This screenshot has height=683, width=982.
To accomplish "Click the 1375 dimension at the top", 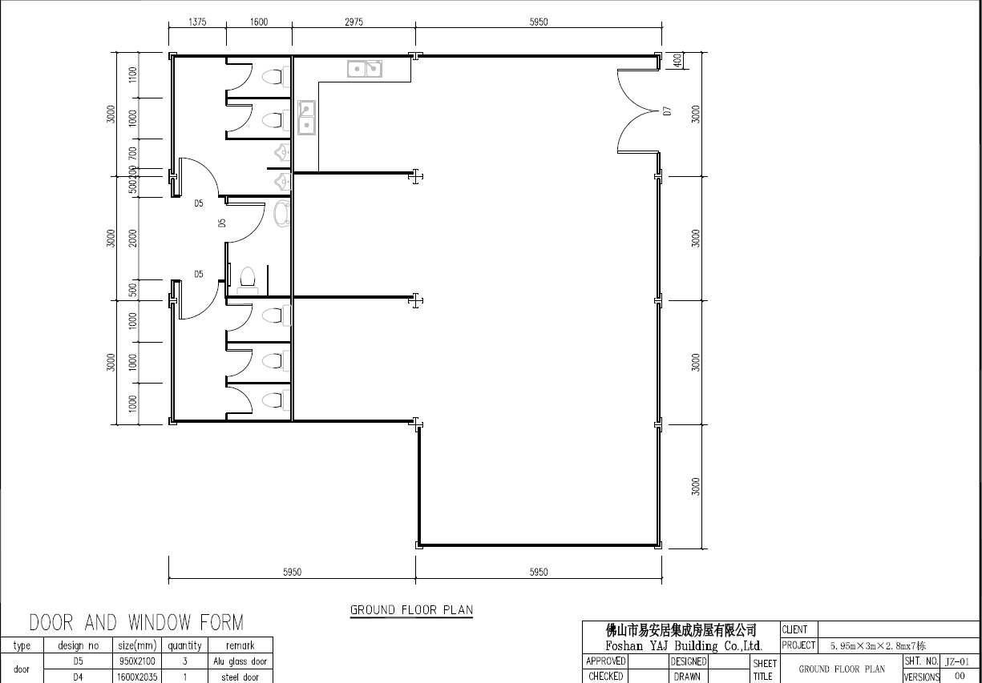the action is (197, 22).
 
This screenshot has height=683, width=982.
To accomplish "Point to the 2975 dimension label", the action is (354, 22).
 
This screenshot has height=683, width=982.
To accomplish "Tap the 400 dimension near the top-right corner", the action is (677, 60).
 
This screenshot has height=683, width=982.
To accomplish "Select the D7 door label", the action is (667, 110).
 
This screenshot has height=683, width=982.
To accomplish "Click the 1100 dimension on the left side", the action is (133, 75).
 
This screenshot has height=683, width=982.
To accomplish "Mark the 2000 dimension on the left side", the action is (132, 238).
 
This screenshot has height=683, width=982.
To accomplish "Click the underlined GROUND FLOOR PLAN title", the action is (412, 610).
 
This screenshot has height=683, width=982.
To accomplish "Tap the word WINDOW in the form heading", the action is (160, 622).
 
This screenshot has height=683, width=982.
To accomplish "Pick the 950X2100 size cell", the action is (137, 661).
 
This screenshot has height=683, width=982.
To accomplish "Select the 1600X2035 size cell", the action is (137, 677).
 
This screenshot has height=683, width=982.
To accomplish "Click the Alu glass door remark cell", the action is (240, 661).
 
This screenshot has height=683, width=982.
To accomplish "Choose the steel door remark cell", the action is (240, 677).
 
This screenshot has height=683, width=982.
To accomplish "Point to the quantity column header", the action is (184, 645).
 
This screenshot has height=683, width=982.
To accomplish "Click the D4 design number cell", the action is (78, 677).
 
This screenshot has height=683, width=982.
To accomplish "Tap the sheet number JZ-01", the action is (957, 661).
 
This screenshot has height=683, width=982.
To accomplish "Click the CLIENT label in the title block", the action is (794, 629).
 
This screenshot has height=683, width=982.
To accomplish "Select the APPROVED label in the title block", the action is (605, 661).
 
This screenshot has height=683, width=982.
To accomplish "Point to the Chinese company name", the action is (681, 630).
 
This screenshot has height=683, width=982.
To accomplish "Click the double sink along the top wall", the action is (365, 69).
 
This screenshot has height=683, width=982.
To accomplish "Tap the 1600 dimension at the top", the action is (259, 22).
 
